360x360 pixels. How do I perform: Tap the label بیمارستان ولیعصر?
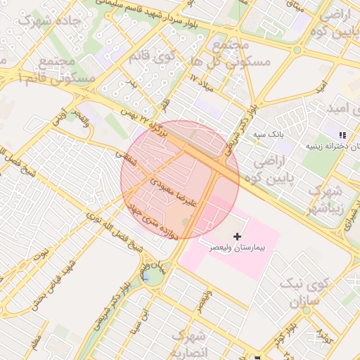[x=237, y=249]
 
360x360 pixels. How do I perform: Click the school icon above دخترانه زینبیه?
[x=342, y=134]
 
